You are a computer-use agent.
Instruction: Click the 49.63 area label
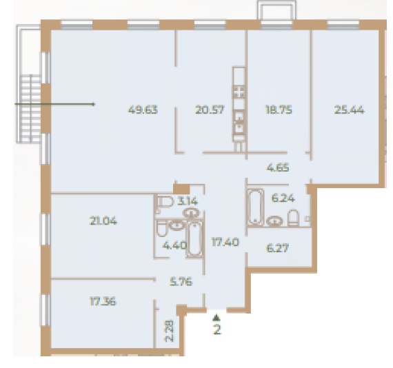(143, 110)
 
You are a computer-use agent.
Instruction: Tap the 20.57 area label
(210, 110)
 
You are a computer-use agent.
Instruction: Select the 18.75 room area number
(279, 110)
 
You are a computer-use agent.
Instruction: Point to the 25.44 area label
(349, 110)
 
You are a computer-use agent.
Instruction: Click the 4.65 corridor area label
(278, 167)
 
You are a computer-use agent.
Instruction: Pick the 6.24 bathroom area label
(283, 198)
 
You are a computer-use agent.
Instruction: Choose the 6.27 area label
(278, 248)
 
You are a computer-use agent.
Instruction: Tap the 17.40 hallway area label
(225, 242)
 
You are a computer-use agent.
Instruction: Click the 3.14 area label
(188, 201)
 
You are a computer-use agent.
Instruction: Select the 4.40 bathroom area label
(174, 245)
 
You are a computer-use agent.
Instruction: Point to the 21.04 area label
(103, 221)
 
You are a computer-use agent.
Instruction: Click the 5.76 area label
(181, 282)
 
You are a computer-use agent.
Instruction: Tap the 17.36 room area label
(103, 301)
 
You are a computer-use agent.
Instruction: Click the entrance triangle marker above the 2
(216, 318)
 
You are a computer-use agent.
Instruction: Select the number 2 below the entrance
(217, 329)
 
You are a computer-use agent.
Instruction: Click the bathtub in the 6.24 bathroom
(256, 207)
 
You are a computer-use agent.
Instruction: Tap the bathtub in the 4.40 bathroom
(194, 238)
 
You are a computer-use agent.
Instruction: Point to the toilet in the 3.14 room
(165, 202)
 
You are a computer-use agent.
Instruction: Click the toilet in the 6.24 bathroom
(293, 218)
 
